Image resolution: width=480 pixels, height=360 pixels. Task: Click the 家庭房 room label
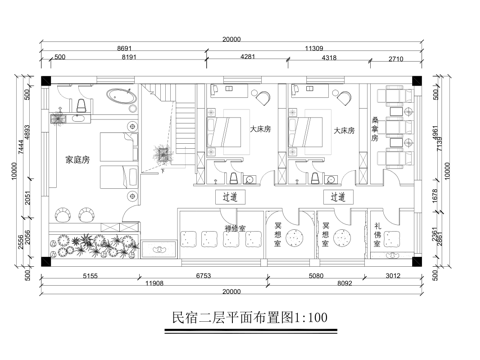pos(79,159)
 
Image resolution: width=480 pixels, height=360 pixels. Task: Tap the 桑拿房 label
pos(376,138)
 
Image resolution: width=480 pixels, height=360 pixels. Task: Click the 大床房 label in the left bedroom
pos(259,130)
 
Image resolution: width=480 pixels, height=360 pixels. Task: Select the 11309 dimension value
pos(312,48)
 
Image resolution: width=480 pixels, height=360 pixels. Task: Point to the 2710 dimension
pos(394,59)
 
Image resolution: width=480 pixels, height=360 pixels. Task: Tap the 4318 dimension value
pos(329,59)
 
